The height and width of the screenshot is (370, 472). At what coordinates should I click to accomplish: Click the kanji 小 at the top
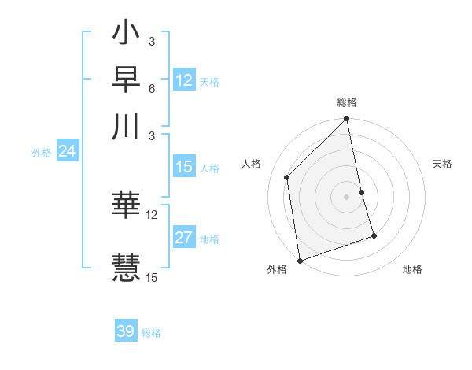pyautogui.click(x=126, y=35)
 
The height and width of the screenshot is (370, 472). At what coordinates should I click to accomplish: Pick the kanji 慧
pyautogui.click(x=126, y=265)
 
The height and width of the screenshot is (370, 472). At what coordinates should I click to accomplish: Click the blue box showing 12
pyautogui.click(x=184, y=80)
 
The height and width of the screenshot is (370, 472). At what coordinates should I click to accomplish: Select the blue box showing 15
pyautogui.click(x=184, y=167)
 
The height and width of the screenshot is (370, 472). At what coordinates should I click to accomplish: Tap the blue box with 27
pyautogui.click(x=184, y=238)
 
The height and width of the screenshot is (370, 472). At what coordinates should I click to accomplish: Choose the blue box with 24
pyautogui.click(x=67, y=152)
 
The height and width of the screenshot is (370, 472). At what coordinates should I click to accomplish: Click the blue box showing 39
pyautogui.click(x=126, y=331)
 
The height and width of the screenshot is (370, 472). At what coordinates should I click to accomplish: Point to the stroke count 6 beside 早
pyautogui.click(x=151, y=87)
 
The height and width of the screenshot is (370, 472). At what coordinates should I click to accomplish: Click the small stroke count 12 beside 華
pyautogui.click(x=152, y=214)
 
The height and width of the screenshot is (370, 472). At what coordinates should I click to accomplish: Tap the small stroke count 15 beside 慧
pyautogui.click(x=152, y=276)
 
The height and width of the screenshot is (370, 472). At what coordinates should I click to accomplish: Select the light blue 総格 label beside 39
pyautogui.click(x=151, y=333)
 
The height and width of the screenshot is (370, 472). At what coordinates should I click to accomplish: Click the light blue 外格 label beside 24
pyautogui.click(x=41, y=154)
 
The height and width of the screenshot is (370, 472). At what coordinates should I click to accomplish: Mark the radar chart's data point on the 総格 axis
pyautogui.click(x=347, y=120)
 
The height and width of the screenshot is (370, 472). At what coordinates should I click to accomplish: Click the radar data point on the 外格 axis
pyautogui.click(x=300, y=260)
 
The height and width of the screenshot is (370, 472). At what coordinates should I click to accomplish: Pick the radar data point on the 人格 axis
pyautogui.click(x=287, y=177)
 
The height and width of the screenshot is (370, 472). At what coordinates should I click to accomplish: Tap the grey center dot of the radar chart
pyautogui.click(x=347, y=196)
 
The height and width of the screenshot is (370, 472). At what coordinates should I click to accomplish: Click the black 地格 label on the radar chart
pyautogui.click(x=412, y=270)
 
